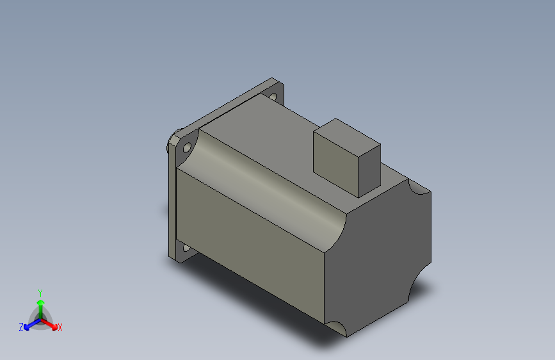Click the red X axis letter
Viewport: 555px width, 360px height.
[x=60, y=327]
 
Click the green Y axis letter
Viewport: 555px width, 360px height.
[x=40, y=291]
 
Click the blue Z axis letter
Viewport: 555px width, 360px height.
[x=21, y=327]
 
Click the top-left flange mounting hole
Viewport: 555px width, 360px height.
[x=187, y=148]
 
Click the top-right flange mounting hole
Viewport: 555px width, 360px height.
[x=273, y=97]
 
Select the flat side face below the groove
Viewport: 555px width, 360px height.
[x=250, y=243]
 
